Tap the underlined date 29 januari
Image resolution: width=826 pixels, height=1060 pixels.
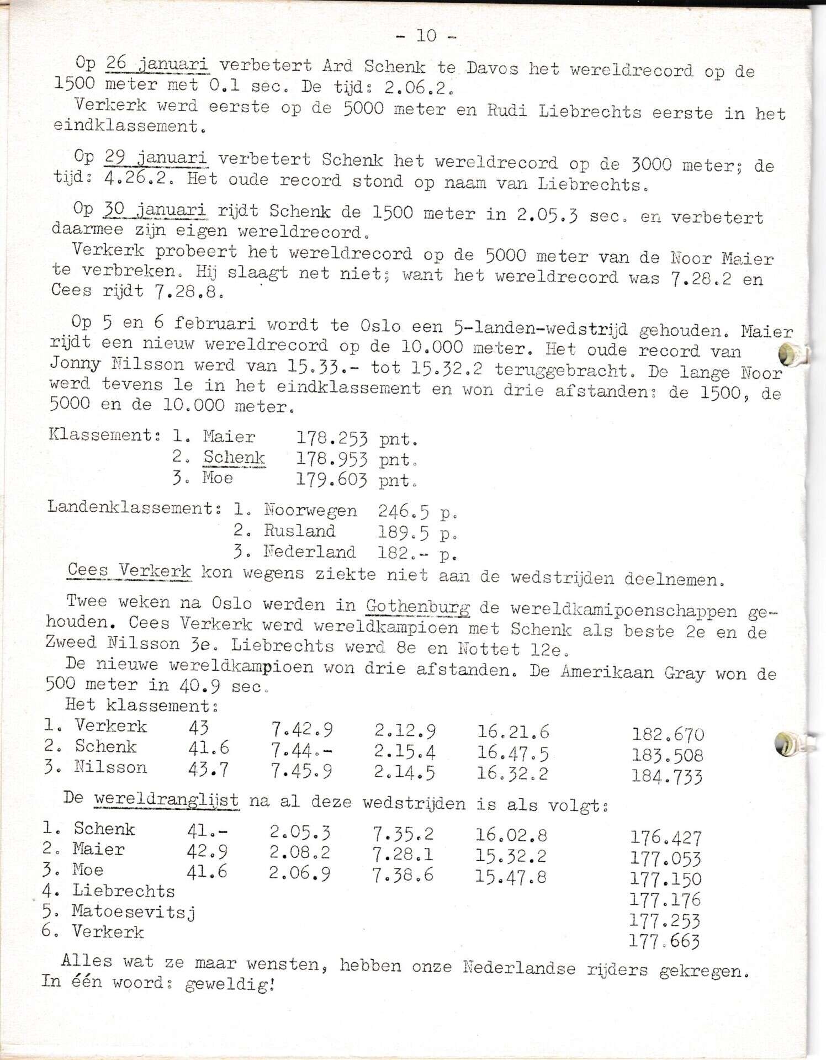coord(156,158)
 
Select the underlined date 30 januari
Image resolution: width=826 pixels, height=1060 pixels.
coord(155,210)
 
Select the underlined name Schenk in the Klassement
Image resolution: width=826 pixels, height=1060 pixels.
coord(234,457)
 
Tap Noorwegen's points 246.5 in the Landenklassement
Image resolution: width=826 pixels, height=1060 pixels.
coord(403,512)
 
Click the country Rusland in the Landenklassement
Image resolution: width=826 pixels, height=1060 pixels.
coord(299,531)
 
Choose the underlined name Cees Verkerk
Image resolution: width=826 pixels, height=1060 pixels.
coord(129,570)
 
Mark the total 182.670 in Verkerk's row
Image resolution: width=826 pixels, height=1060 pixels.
coord(668,734)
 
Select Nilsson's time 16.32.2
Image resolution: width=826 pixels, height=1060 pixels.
coord(512,772)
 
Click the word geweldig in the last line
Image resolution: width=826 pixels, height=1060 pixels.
coord(227,984)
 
